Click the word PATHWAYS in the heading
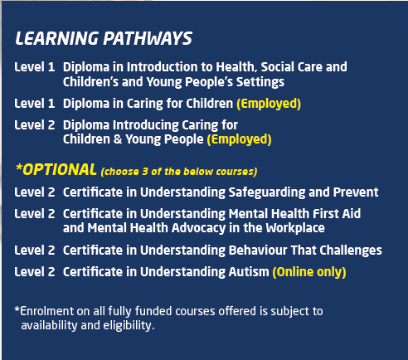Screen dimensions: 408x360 tap(148, 38)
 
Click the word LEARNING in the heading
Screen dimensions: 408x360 tap(56, 38)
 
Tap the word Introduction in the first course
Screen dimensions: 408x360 tap(162, 67)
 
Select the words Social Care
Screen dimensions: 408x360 tap(291, 67)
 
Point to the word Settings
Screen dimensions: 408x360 tap(260, 82)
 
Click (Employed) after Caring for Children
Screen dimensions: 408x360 tap(269, 104)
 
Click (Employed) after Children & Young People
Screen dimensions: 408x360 tap(239, 139)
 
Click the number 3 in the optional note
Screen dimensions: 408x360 tap(145, 172)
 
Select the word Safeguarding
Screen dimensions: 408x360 tap(267, 192)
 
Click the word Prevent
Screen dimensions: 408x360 tap(356, 192)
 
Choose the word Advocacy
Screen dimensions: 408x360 tap(198, 228)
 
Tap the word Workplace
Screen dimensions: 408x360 tap(295, 228)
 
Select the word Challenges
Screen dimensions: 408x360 tap(351, 251)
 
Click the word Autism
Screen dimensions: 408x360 tap(249, 272)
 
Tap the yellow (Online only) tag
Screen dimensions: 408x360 tap(309, 272)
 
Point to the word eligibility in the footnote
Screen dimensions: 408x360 tap(129, 325)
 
